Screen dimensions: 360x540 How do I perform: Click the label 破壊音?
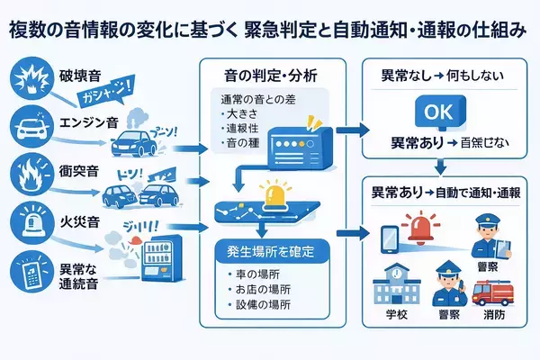point(82,72)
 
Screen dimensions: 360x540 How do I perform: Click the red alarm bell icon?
point(421,228)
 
